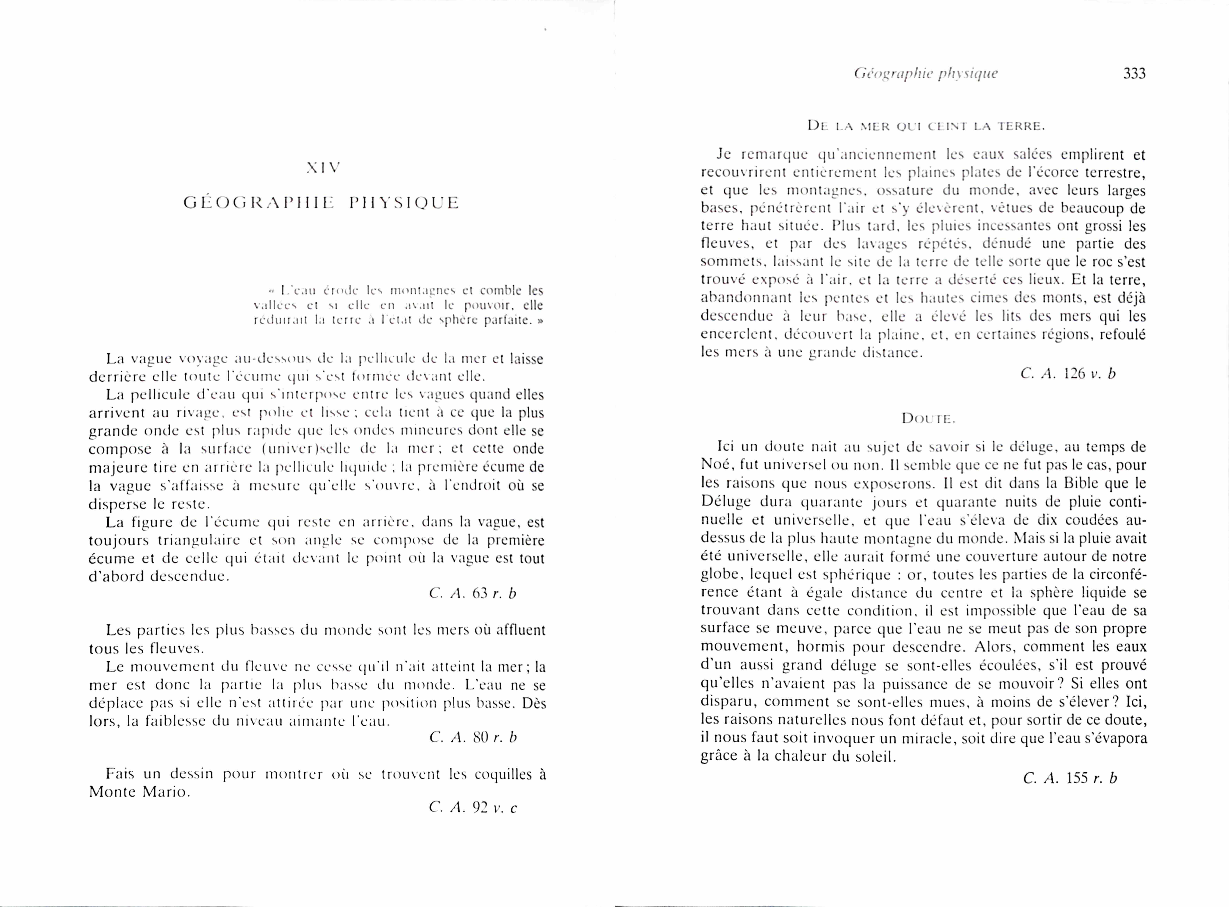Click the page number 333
coord(1134,74)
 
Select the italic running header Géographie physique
coord(926,74)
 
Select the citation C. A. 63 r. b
coord(473,593)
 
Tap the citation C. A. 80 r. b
coord(473,737)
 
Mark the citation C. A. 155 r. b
coord(1070,778)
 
